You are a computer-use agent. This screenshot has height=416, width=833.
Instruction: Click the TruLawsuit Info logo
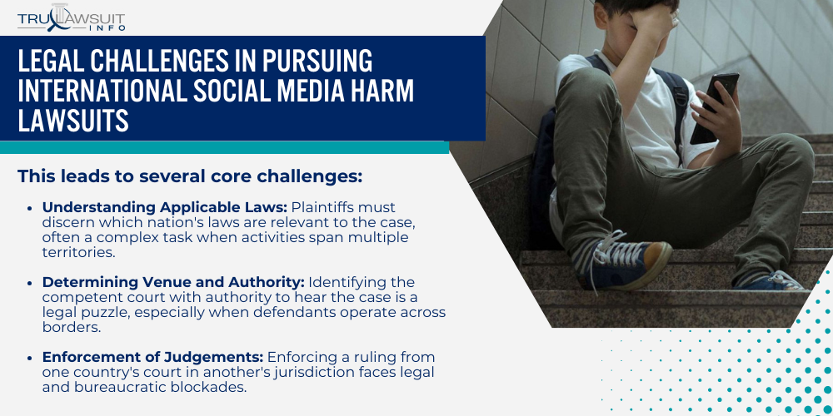[x=72, y=17]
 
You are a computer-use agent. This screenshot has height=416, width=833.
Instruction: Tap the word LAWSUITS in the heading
[x=73, y=121]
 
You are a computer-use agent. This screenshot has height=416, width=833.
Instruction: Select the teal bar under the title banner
[x=224, y=147]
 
